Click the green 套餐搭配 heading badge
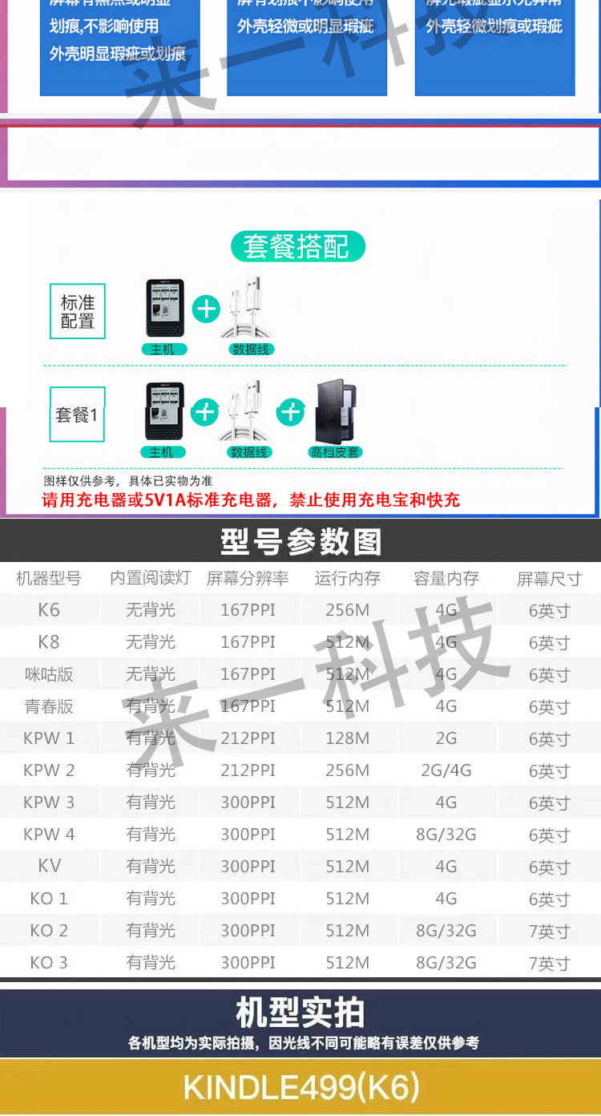click(296, 246)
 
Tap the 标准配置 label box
click(78, 312)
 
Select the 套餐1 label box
click(77, 414)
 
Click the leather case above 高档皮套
click(336, 411)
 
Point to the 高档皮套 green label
click(335, 452)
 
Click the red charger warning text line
click(252, 500)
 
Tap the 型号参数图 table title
click(300, 542)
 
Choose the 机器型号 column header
click(49, 578)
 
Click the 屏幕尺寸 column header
click(549, 579)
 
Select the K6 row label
click(49, 610)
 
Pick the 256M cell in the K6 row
click(348, 610)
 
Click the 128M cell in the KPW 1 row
click(348, 738)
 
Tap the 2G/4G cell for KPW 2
click(446, 770)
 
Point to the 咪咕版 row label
click(49, 674)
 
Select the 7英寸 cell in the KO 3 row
click(549, 963)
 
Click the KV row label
click(49, 867)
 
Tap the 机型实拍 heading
click(300, 1013)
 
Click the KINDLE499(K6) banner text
click(300, 1087)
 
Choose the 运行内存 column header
click(348, 578)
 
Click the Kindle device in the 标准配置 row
click(165, 308)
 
